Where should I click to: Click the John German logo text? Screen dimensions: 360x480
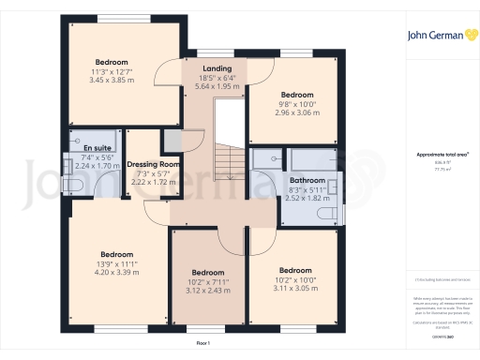pyautogui.click(x=438, y=37)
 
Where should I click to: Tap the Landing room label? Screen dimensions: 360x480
pyautogui.click(x=217, y=68)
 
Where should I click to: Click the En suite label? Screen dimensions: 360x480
pyautogui.click(x=82, y=147)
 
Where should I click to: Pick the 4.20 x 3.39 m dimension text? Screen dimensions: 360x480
pyautogui.click(x=118, y=274)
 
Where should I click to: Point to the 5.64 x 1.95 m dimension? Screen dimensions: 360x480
pyautogui.click(x=217, y=86)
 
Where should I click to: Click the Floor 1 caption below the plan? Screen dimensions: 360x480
pyautogui.click(x=202, y=344)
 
